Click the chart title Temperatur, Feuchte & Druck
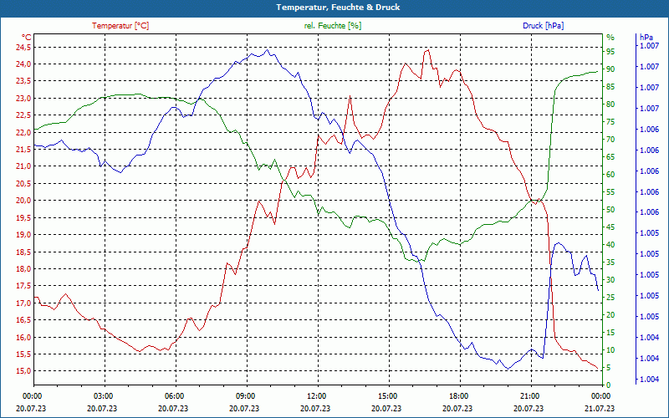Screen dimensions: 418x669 (x=334, y=7)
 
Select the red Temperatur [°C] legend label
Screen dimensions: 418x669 (x=120, y=26)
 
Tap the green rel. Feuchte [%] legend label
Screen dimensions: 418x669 (x=333, y=26)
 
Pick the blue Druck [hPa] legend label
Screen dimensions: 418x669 (x=543, y=26)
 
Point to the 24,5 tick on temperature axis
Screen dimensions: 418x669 (x=22, y=47)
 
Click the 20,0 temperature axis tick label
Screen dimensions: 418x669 (x=22, y=201)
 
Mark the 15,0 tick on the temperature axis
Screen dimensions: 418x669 (x=22, y=371)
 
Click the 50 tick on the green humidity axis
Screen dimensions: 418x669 (x=610, y=210)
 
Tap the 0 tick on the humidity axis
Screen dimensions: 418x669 (x=609, y=385)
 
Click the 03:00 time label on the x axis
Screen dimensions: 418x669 (x=103, y=395)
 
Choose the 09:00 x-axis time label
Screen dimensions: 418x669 (x=245, y=395)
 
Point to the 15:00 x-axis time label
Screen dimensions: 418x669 (x=387, y=395)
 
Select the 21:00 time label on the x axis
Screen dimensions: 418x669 (x=529, y=395)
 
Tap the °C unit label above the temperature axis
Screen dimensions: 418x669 (x=26, y=37)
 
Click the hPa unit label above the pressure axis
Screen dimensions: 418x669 (x=646, y=37)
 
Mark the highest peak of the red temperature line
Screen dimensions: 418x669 (x=427, y=49)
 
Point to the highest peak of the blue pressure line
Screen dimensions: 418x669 (x=267, y=49)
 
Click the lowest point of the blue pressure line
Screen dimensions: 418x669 (x=507, y=369)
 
